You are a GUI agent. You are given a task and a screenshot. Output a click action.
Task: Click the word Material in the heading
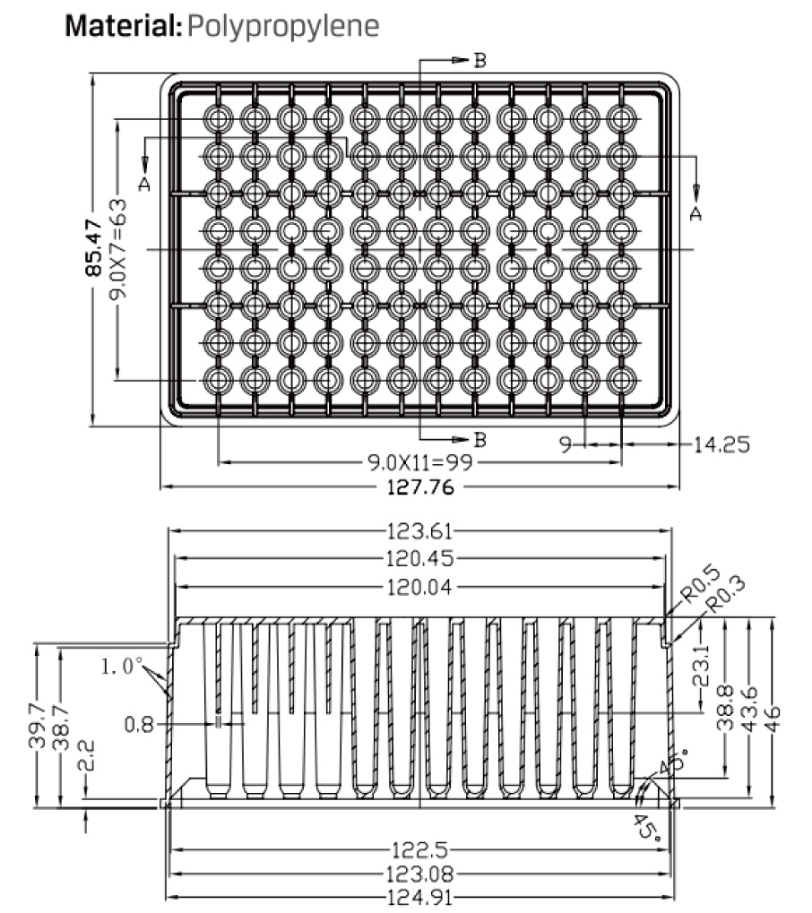[122, 26]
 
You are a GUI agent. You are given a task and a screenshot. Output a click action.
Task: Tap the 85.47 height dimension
[94, 248]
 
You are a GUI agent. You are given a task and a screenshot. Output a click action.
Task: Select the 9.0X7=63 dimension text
[117, 248]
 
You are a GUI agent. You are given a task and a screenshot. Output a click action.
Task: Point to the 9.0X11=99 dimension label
[420, 463]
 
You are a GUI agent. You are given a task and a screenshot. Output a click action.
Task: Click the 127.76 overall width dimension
[420, 487]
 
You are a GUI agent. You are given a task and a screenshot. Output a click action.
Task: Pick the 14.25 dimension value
[721, 445]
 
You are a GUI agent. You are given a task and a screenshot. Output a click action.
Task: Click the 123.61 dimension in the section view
[419, 531]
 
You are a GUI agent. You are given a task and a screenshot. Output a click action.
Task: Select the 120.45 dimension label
[419, 559]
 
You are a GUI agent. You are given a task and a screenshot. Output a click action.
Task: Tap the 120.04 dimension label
[419, 587]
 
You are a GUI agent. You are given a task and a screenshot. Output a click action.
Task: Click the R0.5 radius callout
[700, 584]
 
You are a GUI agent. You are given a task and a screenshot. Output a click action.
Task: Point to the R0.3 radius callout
[726, 594]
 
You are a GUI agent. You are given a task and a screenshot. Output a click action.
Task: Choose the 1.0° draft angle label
[122, 666]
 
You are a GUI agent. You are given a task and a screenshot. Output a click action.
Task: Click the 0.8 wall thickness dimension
[139, 725]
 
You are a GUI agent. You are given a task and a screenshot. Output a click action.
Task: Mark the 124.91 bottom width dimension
[419, 897]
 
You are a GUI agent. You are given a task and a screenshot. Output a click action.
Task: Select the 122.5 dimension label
[419, 850]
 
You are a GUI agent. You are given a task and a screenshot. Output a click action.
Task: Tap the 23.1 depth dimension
[702, 665]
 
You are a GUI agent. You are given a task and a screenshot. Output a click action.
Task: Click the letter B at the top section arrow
[479, 61]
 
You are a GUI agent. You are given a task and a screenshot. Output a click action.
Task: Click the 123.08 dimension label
[419, 874]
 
